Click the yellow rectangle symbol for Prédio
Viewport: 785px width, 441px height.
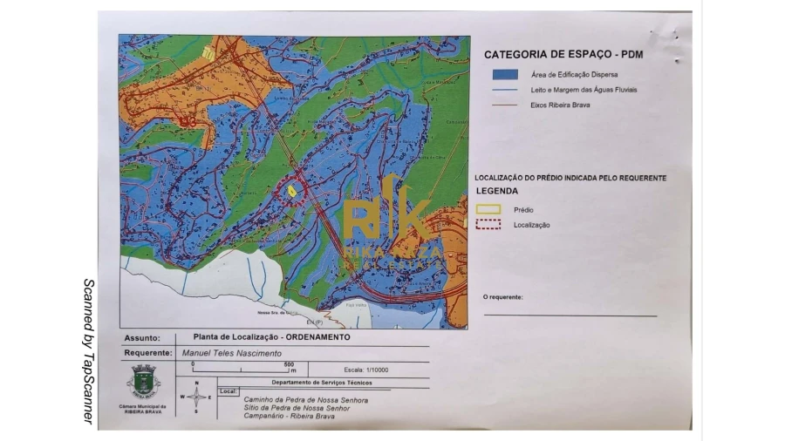click(x=488, y=209)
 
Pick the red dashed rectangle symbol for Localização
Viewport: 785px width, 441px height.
click(x=488, y=225)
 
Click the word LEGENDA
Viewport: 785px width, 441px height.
click(x=497, y=191)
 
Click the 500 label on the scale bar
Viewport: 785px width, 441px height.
click(x=290, y=364)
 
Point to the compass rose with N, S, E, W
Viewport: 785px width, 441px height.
click(x=196, y=397)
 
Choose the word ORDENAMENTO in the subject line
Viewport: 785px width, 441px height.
click(x=317, y=337)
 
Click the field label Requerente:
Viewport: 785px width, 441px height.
click(x=147, y=353)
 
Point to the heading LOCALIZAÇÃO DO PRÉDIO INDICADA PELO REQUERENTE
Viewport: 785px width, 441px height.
click(x=570, y=178)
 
